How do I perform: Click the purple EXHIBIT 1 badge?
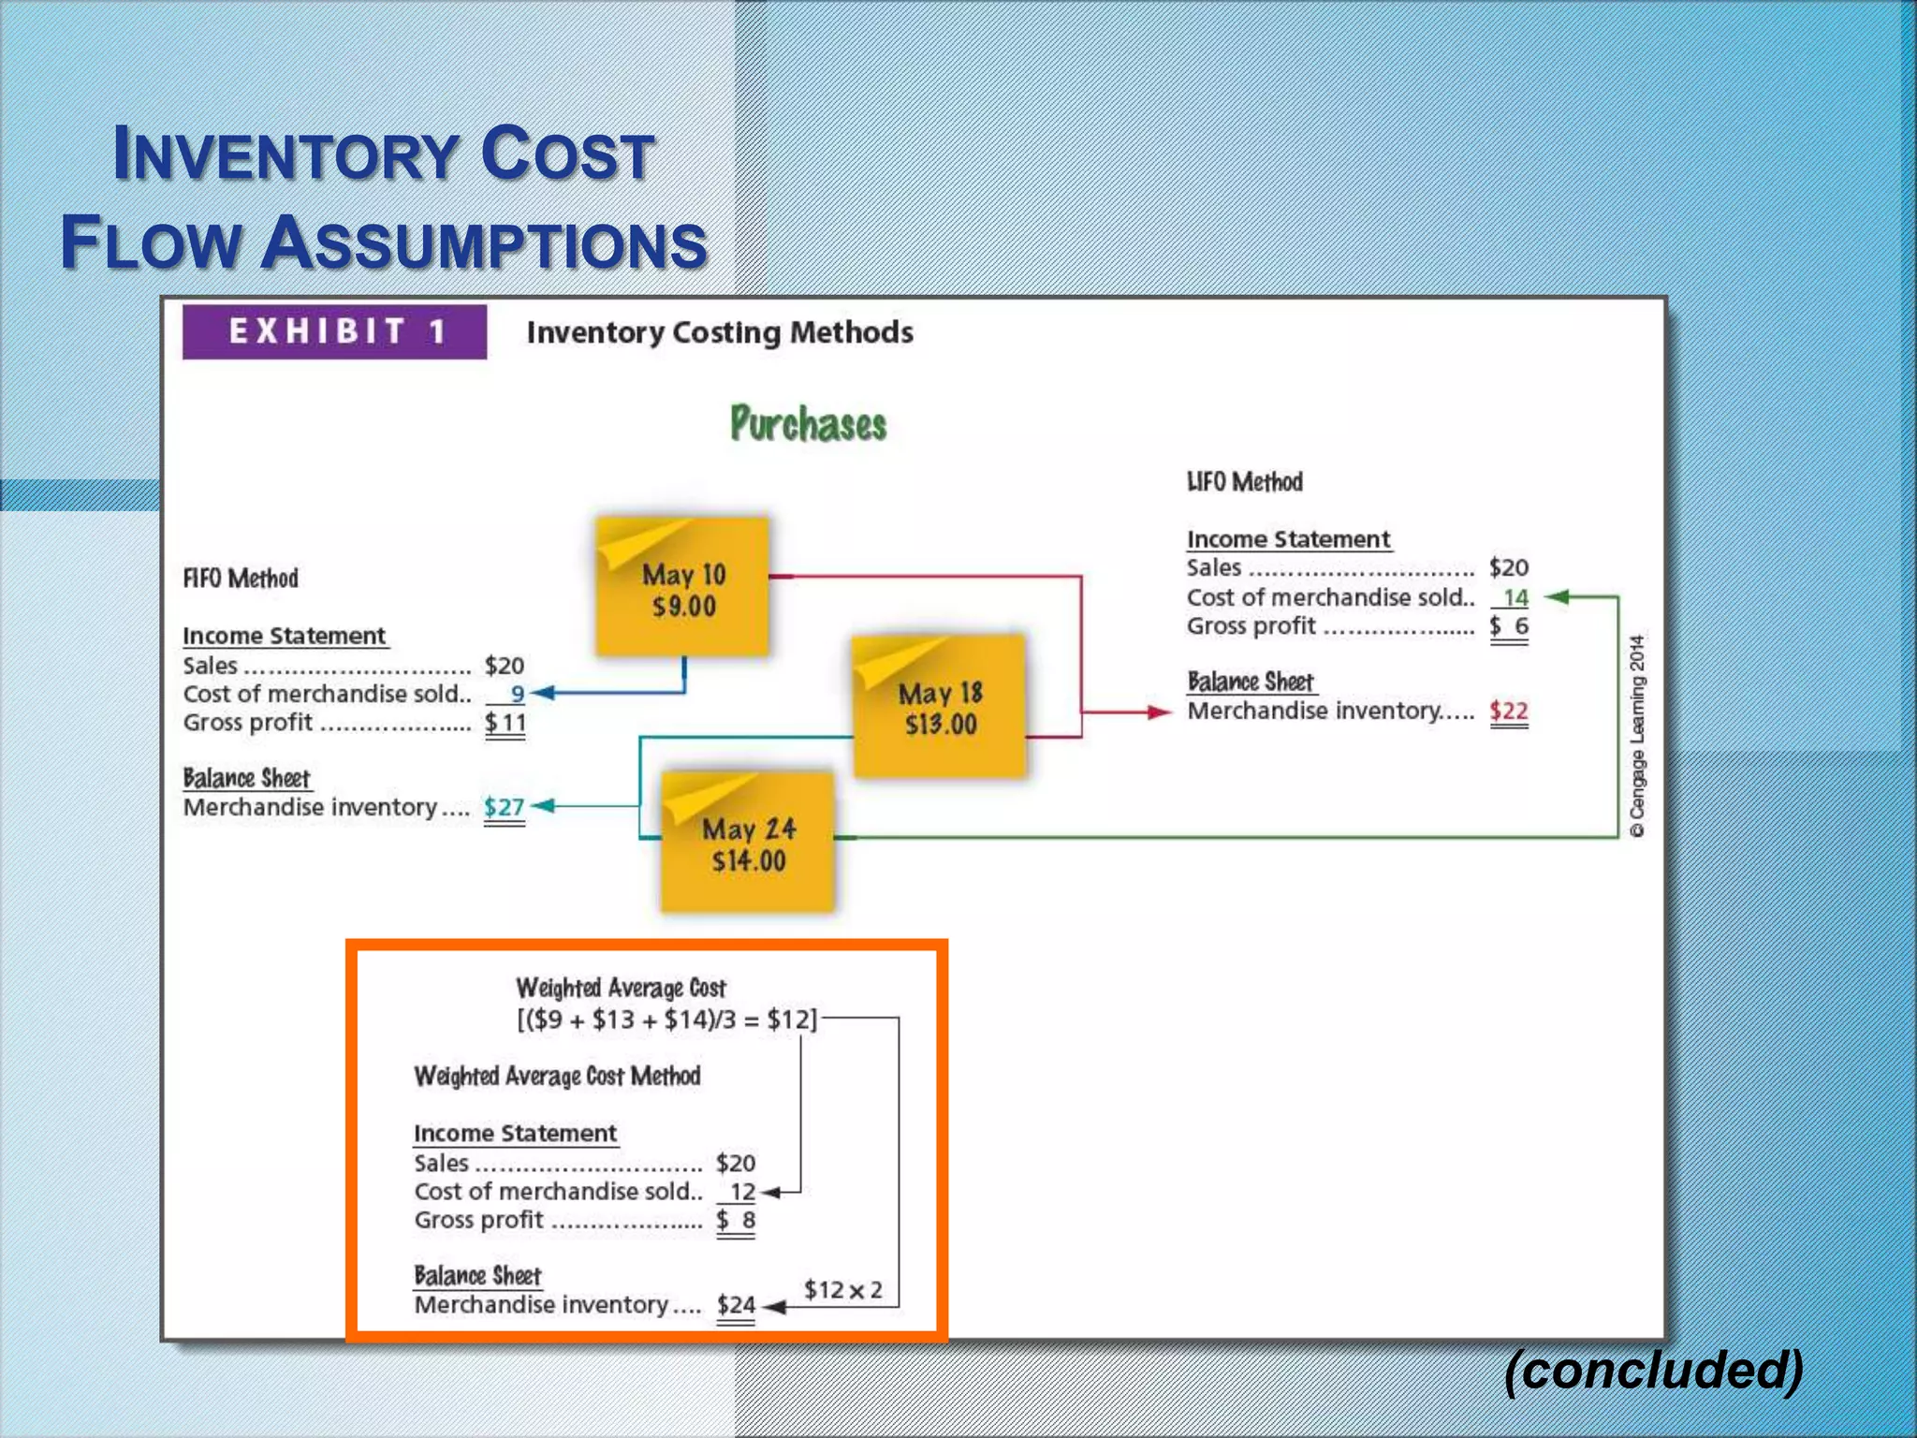point(334,331)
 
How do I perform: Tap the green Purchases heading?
point(808,424)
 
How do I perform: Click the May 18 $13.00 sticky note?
point(939,707)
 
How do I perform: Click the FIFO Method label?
point(241,578)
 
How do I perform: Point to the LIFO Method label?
point(1244,481)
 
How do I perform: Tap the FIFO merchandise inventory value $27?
point(504,806)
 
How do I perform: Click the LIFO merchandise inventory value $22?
point(1508,711)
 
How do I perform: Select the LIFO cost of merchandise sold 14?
point(1515,596)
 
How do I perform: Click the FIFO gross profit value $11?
point(505,722)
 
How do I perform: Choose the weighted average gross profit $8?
point(736,1220)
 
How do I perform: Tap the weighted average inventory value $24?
point(736,1304)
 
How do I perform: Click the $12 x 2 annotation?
point(842,1289)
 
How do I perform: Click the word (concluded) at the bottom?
point(1653,1370)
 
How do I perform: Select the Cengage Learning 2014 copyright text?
point(1636,736)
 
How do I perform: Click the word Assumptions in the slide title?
point(483,243)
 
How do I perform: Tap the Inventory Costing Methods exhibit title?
point(720,332)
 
